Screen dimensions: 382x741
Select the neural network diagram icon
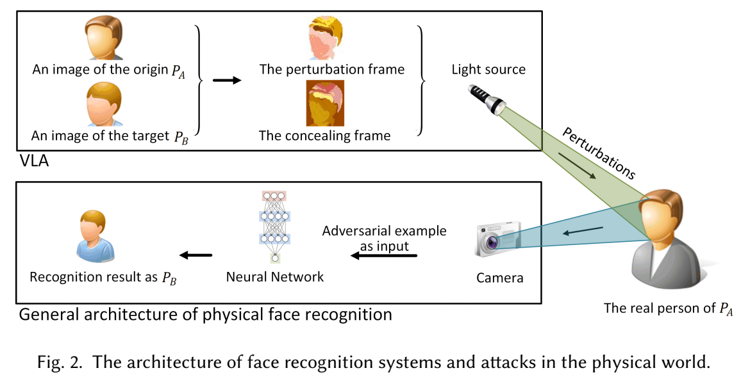275,226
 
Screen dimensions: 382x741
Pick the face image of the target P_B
103,105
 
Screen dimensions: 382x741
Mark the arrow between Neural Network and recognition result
195,256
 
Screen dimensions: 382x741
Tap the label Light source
488,70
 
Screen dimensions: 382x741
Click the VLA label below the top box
33,163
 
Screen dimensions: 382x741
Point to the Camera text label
500,278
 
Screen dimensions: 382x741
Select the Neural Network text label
275,277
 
